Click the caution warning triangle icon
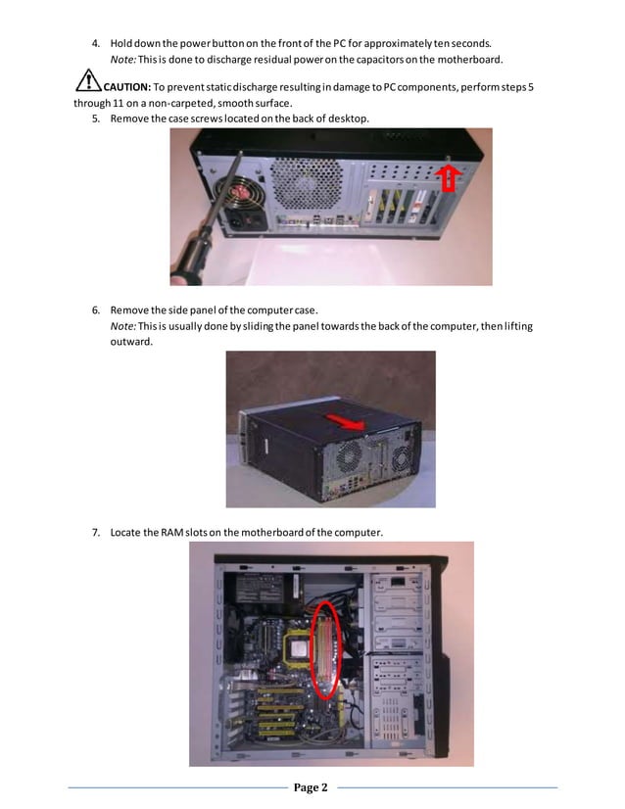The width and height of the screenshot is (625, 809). (88, 81)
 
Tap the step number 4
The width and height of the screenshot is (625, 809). (96, 43)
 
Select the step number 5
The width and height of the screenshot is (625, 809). (96, 119)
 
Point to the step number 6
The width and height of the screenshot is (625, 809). (96, 310)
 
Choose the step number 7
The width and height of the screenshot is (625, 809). (96, 532)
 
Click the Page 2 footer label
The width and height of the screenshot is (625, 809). (312, 786)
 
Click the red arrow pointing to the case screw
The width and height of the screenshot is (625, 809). (448, 178)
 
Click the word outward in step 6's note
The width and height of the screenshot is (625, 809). (132, 342)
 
